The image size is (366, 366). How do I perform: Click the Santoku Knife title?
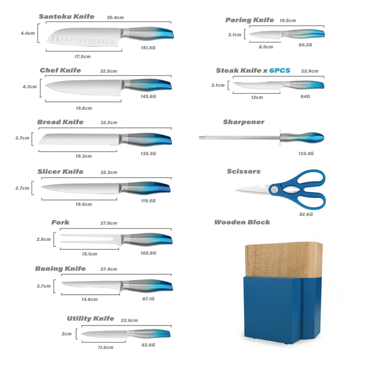66,17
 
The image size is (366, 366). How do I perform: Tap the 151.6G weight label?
148,48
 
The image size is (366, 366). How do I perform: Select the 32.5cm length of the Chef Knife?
108,71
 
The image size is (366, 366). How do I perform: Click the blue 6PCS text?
280,70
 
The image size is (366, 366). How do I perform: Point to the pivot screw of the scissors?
274,189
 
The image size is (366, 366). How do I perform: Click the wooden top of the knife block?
284,260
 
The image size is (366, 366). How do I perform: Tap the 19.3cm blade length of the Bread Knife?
83,156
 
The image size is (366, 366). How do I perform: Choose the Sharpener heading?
244,122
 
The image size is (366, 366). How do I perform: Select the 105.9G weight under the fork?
148,253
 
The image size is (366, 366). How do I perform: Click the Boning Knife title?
61,269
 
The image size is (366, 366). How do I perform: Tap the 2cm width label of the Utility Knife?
66,334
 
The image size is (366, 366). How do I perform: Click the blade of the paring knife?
265,35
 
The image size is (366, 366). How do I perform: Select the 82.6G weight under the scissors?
306,214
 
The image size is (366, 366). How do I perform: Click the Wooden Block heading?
242,222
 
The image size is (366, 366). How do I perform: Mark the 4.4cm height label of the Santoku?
27,33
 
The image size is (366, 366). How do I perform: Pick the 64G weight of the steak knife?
305,97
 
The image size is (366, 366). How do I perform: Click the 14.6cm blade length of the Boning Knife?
89,299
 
